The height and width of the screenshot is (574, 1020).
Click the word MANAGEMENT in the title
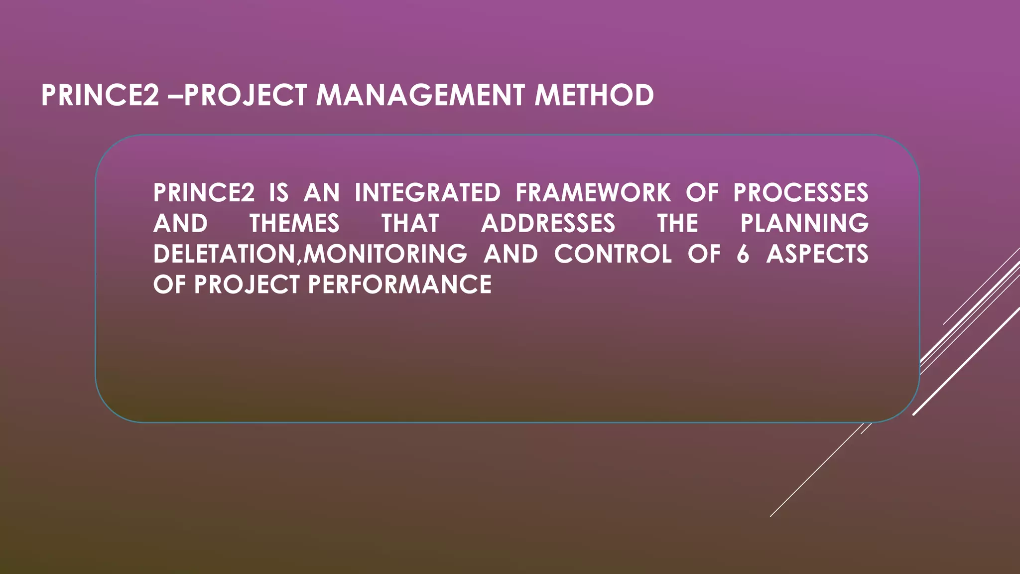pos(420,95)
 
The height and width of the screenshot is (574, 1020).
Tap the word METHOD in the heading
pos(594,95)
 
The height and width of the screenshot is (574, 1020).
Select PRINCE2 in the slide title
pos(100,95)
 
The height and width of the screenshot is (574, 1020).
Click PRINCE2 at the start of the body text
pos(204,193)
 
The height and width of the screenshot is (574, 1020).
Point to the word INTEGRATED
pos(427,193)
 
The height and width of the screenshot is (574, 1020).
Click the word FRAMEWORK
pos(593,193)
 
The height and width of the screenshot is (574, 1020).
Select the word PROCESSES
pos(801,193)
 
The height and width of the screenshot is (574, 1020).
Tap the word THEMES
pos(294,223)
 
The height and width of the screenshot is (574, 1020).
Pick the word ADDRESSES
pos(548,223)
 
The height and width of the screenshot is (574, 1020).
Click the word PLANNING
pos(804,223)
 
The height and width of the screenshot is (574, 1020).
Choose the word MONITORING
pos(385,254)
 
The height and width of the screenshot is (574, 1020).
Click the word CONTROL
pos(613,254)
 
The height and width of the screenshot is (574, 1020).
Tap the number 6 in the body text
pos(743,254)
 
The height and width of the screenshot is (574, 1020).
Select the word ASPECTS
pos(817,254)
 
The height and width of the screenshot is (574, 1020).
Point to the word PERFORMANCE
pos(399,285)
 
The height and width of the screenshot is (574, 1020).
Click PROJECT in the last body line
pos(247,285)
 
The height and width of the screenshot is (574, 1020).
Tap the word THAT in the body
pos(410,223)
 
